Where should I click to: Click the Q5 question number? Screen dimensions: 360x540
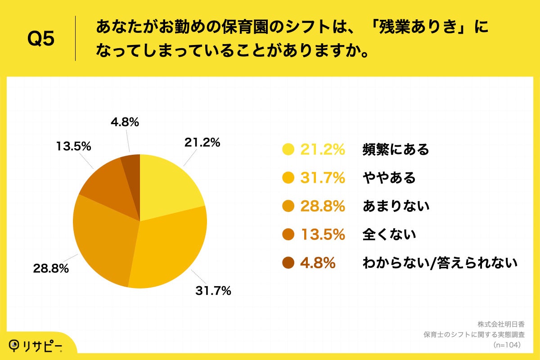41,39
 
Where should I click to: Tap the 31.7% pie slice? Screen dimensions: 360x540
169,252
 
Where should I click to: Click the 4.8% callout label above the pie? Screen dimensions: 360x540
124,122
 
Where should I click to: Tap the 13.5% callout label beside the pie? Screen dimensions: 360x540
74,146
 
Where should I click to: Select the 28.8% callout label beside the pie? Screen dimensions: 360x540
50,269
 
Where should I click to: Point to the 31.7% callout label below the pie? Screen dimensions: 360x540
213,291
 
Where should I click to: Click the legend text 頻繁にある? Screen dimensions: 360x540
396,149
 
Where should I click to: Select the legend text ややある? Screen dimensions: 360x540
389,178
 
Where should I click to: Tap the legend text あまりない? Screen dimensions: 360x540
396,206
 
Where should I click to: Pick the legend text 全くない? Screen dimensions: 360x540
389,234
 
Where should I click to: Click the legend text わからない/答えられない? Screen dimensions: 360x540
440,263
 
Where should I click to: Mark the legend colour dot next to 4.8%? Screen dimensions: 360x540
288,263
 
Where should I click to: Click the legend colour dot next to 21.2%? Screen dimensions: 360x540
288,149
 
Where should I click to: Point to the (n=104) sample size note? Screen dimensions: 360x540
507,345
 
